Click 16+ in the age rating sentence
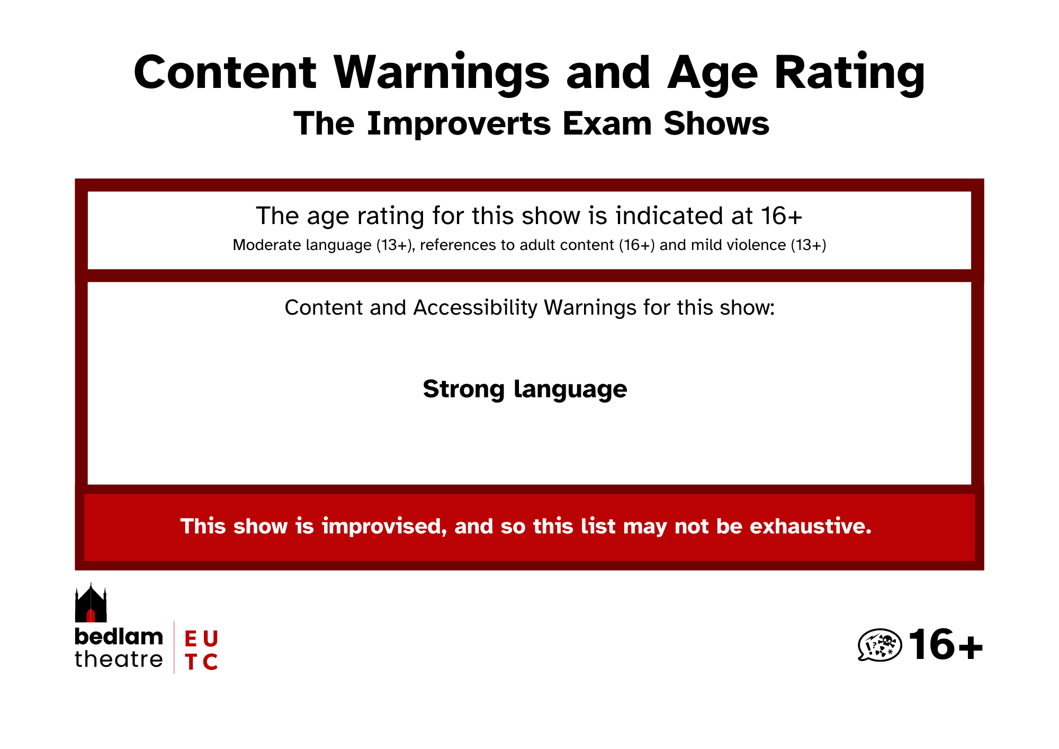coord(782,216)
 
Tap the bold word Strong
coord(463,390)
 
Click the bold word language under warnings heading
coord(571,390)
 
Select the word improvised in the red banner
coord(384,526)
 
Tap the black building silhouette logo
coord(91,603)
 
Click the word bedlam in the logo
coord(119,637)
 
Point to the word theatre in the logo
coord(119,659)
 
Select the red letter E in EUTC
coord(191,639)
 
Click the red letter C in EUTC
coord(210,662)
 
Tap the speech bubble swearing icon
coord(879,645)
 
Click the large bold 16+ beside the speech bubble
coord(946,645)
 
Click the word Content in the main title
coord(225,73)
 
